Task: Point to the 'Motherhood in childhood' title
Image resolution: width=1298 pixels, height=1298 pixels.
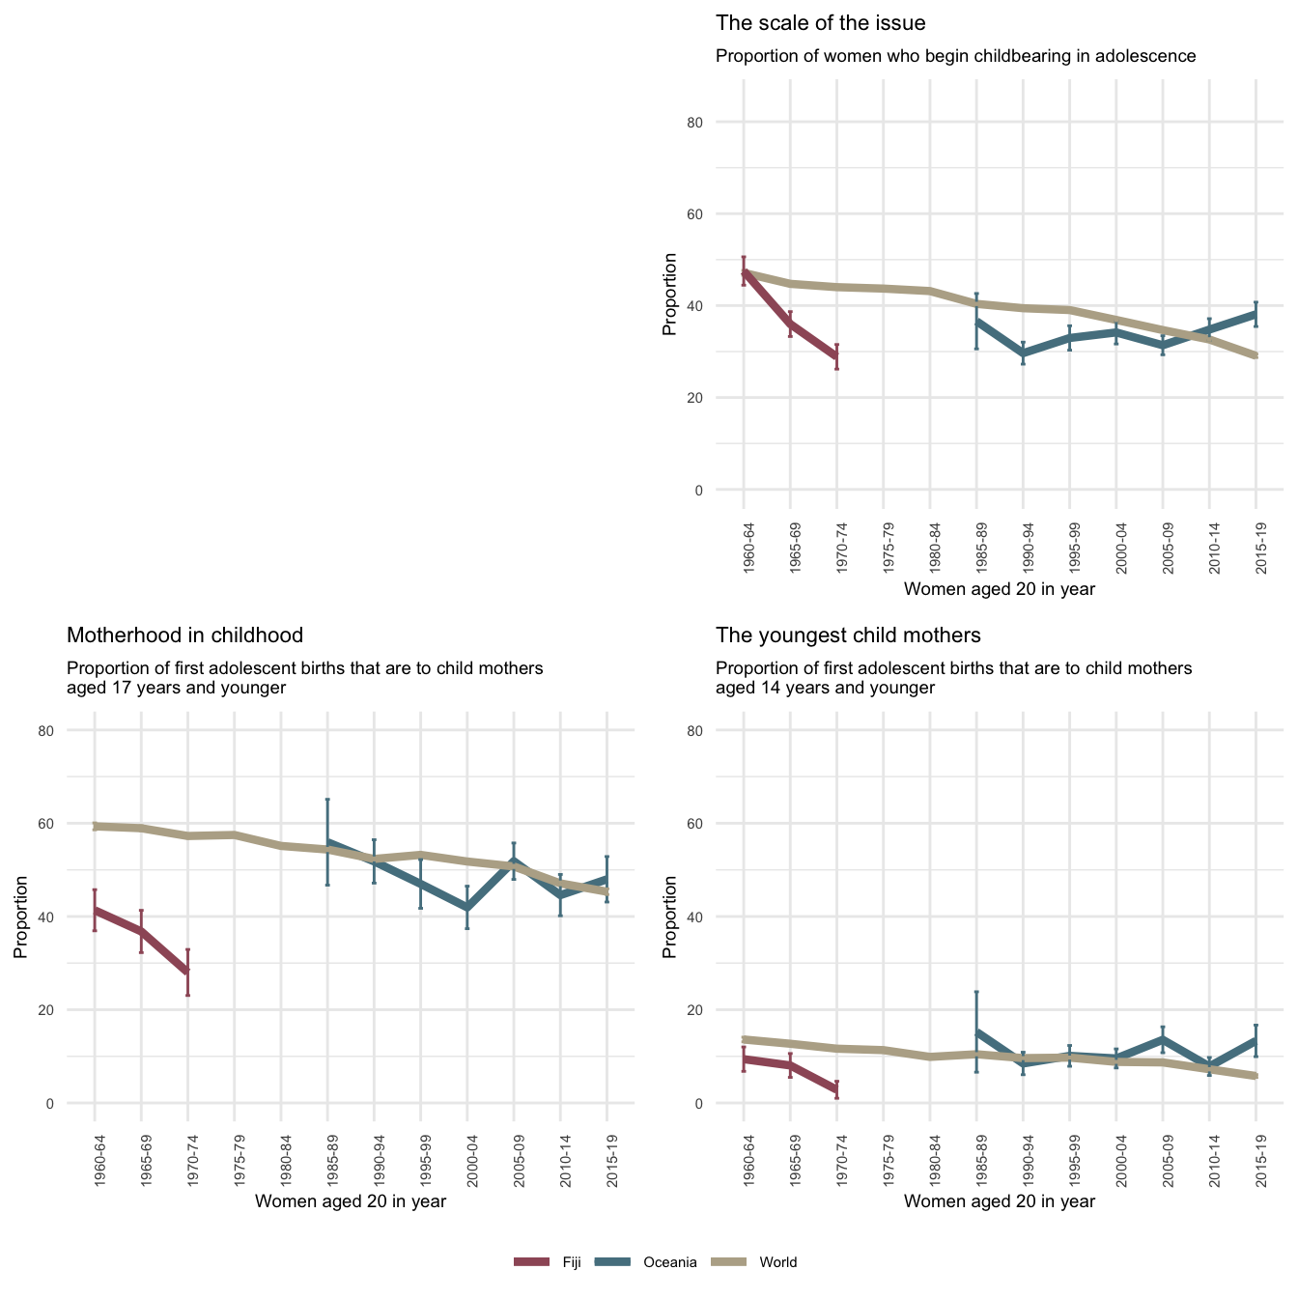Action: click(184, 635)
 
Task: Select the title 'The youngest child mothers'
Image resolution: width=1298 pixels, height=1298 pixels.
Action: click(848, 635)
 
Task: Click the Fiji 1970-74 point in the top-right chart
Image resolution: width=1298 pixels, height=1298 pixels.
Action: click(837, 356)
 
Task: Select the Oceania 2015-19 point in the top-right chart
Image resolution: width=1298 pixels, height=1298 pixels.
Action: click(1256, 314)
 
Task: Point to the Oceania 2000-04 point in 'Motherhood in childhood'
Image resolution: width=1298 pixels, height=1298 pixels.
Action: click(467, 908)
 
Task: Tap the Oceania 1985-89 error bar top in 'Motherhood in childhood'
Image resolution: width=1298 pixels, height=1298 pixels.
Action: click(327, 800)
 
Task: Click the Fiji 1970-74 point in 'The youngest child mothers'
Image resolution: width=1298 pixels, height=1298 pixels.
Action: click(837, 1089)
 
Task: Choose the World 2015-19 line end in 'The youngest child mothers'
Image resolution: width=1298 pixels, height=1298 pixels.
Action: click(1256, 1076)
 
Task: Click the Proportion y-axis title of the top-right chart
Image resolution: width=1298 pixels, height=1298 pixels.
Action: click(669, 294)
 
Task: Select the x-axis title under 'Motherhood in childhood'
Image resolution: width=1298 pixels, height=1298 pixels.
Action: click(350, 1201)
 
